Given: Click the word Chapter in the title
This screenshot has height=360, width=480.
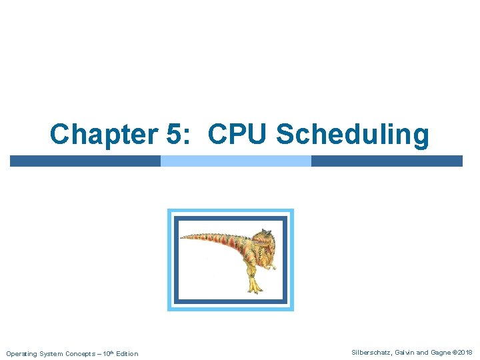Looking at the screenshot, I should coord(103,134).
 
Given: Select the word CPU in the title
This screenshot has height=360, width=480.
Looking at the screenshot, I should coord(237,134).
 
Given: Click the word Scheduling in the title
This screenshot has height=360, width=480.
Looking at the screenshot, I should coord(353,135).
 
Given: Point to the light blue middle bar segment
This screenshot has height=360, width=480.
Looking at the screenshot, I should coord(236,161).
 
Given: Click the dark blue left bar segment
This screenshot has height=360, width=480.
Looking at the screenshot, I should coord(85,161).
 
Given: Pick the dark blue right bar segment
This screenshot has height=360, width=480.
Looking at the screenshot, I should coord(387,161).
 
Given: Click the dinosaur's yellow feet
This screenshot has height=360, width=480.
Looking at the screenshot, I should coord(254,287).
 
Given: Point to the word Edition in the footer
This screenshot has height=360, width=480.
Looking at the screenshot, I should coord(126,353).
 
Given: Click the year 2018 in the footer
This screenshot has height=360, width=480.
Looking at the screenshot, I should coord(465,352).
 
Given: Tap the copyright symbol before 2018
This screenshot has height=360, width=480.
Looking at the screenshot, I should coord(454,352).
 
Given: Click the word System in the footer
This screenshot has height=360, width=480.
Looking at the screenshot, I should coord(49,353).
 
